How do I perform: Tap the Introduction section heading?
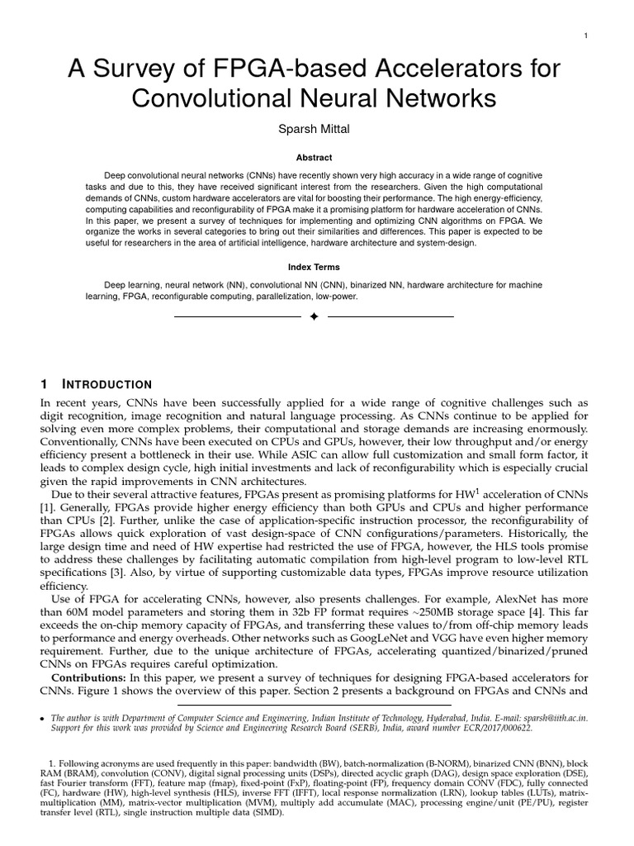pos(107,385)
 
